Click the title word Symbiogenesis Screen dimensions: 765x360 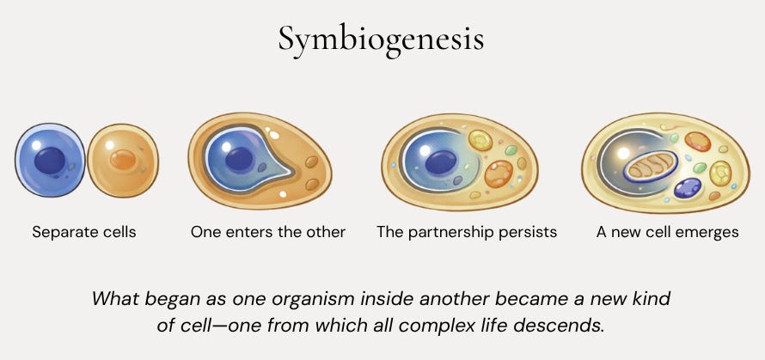(381, 39)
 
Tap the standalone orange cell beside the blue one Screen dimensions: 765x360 (123, 161)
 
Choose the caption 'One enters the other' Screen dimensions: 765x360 (268, 232)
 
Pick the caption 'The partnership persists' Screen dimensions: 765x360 (467, 232)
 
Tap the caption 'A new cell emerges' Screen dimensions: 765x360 (667, 232)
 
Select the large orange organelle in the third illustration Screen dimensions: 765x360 (499, 173)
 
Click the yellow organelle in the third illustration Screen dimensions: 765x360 (479, 139)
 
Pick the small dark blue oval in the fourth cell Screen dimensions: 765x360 (687, 187)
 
